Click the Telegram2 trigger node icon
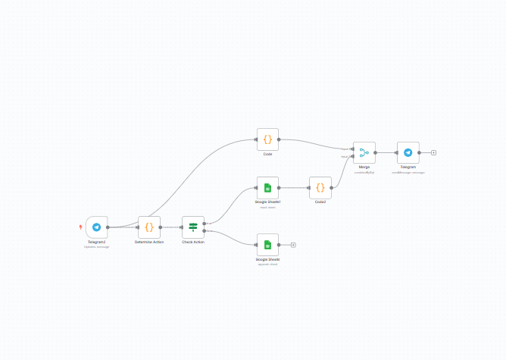97,227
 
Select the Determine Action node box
149,227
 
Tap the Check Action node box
193,227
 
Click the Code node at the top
267,139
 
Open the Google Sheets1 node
267,187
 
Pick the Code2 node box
320,187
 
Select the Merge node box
364,152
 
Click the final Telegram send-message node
408,152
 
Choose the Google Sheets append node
267,245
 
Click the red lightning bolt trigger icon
81,227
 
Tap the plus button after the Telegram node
433,152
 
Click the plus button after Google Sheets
293,245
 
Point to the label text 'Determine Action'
149,242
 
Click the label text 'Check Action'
193,242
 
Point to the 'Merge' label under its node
364,167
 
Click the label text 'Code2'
320,202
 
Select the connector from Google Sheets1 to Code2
294,187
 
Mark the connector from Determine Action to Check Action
171,227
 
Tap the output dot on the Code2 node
333,187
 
